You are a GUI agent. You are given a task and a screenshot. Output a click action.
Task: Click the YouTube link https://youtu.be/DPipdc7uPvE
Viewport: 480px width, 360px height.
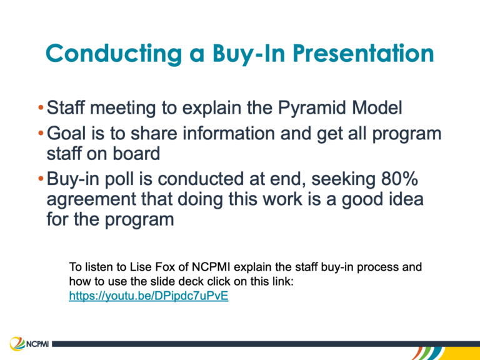click(149, 296)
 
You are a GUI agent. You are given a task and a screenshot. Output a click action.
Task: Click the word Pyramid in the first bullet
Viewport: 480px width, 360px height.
click(312, 108)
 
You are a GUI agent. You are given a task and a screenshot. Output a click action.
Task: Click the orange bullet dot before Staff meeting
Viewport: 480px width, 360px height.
click(41, 107)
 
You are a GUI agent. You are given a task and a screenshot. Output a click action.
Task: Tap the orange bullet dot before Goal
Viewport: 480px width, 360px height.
click(41, 134)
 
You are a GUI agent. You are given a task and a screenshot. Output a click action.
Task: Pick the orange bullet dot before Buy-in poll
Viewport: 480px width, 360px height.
click(41, 179)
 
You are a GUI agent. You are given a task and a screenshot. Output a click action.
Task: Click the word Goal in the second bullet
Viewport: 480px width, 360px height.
click(66, 134)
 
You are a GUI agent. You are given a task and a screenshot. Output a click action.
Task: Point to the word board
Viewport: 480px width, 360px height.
click(136, 153)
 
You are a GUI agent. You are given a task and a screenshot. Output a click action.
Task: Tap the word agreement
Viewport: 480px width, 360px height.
click(91, 199)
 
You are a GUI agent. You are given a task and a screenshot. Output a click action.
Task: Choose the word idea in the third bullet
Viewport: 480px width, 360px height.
click(404, 199)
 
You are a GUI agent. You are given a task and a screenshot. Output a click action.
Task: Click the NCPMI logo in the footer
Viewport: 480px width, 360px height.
click(29, 344)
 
